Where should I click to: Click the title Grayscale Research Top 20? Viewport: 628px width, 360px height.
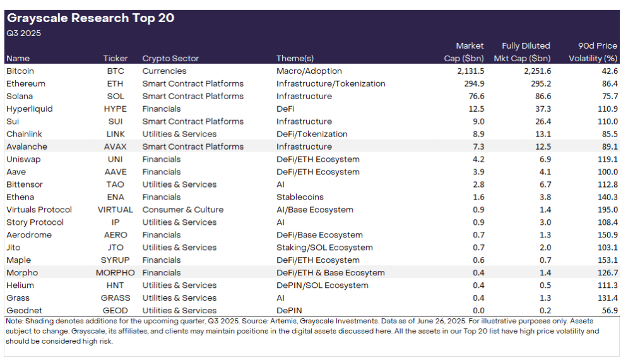[90, 18]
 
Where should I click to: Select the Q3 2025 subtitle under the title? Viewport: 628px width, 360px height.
[23, 33]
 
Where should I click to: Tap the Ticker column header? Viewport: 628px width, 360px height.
[116, 59]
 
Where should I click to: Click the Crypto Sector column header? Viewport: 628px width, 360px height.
[170, 59]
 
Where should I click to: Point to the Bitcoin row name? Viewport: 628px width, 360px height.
[20, 71]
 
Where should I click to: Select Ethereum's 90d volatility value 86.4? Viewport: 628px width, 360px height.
[608, 84]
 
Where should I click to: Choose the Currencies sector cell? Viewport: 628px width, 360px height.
[164, 71]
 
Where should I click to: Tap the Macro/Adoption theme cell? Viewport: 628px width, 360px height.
[309, 71]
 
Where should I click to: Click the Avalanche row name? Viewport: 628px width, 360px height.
[27, 147]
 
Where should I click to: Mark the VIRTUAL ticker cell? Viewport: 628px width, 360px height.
[115, 210]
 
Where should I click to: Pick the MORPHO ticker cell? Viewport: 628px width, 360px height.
[115, 273]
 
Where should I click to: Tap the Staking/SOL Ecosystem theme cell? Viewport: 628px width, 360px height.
[324, 248]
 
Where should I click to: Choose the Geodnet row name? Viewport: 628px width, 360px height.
[23, 311]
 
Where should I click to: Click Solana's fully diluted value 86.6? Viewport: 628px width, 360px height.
[542, 97]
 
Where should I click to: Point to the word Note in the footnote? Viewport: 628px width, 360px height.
[13, 321]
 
